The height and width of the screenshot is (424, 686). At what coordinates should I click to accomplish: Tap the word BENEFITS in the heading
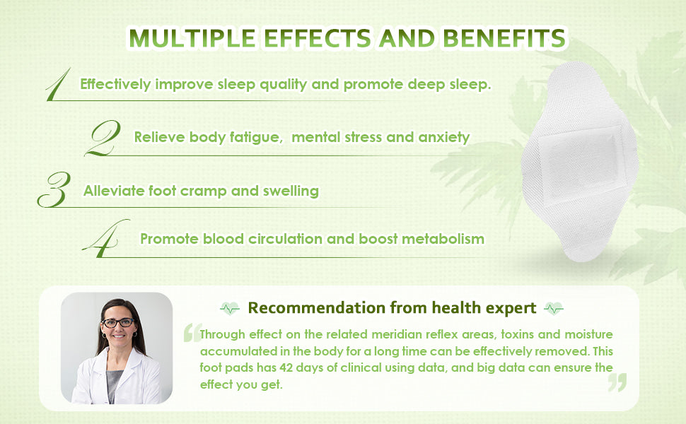pyautogui.click(x=504, y=38)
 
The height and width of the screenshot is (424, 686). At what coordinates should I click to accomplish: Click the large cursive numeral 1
pyautogui.click(x=59, y=84)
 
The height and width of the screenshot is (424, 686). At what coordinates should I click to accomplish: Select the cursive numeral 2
pyautogui.click(x=103, y=138)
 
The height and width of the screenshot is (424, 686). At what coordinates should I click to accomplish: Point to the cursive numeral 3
pyautogui.click(x=54, y=189)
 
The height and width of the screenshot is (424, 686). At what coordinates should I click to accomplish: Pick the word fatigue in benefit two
pyautogui.click(x=255, y=137)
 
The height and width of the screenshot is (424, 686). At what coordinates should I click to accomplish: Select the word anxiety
pyautogui.click(x=444, y=137)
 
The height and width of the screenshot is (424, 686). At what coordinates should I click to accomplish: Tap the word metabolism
pyautogui.click(x=443, y=239)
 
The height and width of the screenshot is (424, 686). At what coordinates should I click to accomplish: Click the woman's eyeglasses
pyautogui.click(x=118, y=323)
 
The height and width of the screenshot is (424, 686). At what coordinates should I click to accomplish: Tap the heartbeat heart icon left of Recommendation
pyautogui.click(x=230, y=309)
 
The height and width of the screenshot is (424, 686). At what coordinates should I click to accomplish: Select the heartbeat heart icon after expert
pyautogui.click(x=554, y=309)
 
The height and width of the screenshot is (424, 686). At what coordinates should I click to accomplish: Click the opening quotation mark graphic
pyautogui.click(x=192, y=332)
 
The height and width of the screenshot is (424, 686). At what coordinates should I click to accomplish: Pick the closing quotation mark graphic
pyautogui.click(x=617, y=382)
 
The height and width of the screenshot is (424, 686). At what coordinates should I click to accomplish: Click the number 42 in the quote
pyautogui.click(x=286, y=367)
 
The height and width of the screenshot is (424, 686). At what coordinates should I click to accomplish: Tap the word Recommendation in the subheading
pyautogui.click(x=316, y=307)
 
